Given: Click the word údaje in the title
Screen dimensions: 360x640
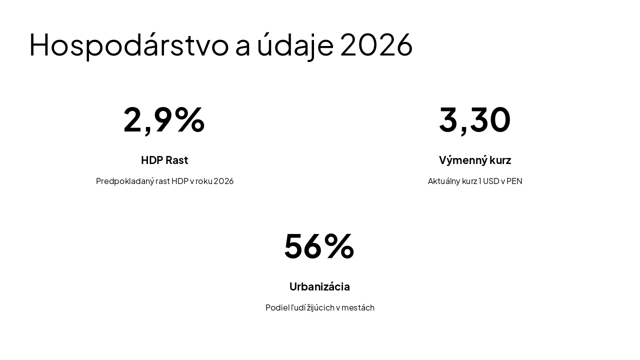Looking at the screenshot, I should [295, 44].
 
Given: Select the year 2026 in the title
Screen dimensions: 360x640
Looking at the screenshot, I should [376, 44].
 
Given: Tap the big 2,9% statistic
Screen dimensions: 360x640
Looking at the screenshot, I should [164, 119].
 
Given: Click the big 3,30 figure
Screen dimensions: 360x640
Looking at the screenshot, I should [474, 119].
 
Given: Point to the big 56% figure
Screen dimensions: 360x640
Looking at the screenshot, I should [319, 246].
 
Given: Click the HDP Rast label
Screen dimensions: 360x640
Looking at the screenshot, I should [164, 160].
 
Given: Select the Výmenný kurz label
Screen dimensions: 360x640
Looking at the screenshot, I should [474, 160].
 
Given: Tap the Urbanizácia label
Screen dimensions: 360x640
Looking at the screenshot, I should [319, 286].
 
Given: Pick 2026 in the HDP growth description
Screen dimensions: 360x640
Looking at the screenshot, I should [223, 181].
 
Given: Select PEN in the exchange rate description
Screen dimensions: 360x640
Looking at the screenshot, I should [514, 181].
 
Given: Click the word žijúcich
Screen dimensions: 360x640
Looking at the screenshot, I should [321, 307].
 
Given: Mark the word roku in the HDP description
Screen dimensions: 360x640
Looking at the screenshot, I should [203, 181].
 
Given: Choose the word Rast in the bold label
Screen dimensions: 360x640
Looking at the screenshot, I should [176, 160].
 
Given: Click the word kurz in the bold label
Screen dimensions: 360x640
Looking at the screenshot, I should [500, 160].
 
